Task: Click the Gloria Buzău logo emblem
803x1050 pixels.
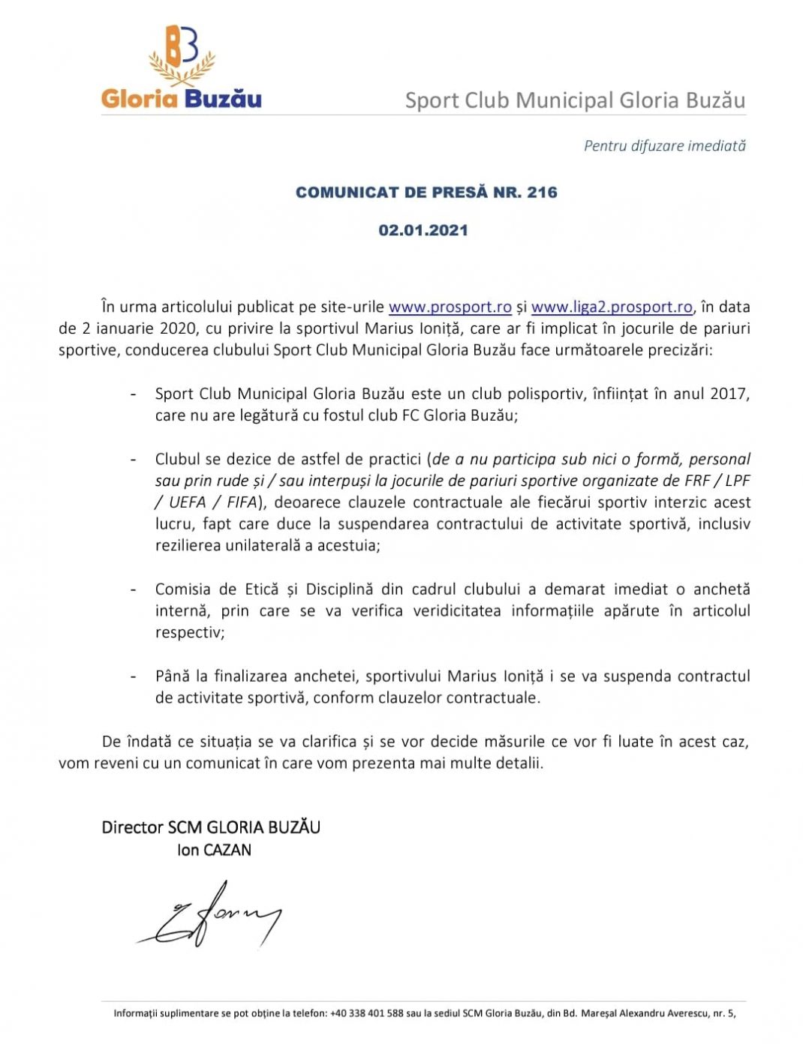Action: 182,55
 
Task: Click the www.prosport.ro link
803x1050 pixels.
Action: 450,307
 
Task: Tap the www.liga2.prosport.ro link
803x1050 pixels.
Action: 612,307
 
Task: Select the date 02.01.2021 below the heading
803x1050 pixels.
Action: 423,230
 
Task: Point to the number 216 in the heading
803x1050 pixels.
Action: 542,193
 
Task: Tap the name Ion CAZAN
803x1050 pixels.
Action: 214,850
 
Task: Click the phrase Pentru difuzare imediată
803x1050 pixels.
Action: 664,145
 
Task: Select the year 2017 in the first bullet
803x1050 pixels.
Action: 726,394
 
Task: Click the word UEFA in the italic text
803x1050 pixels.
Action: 187,502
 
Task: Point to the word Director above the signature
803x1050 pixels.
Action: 132,827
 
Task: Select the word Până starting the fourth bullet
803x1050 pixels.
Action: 172,676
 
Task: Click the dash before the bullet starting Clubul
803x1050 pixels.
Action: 134,459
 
